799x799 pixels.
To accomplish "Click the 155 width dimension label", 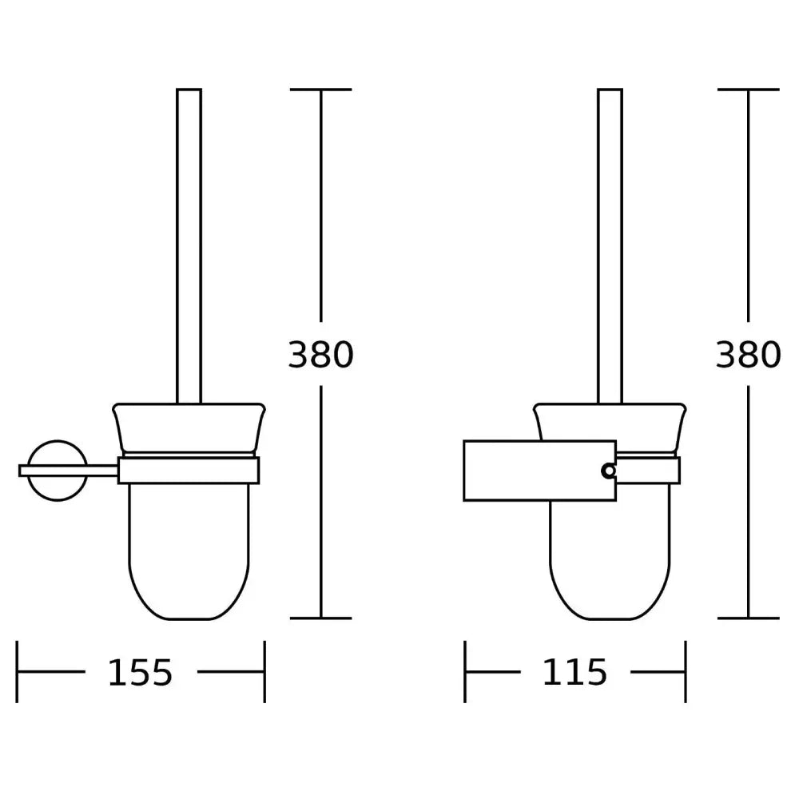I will coord(140,673).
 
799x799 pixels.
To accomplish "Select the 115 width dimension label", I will coord(574,673).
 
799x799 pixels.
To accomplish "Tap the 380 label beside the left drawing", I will coord(320,355).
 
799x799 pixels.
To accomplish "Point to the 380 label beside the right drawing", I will coord(748,355).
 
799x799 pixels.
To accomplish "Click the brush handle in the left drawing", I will coord(189,240).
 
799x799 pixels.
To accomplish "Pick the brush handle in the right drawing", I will coord(610,240).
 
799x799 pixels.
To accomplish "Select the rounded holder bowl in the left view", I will coord(189,551).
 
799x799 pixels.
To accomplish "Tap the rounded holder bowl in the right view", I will coord(610,559).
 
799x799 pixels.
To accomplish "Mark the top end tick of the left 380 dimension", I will coord(320,89).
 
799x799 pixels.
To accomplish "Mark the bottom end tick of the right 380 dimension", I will coord(748,618).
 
